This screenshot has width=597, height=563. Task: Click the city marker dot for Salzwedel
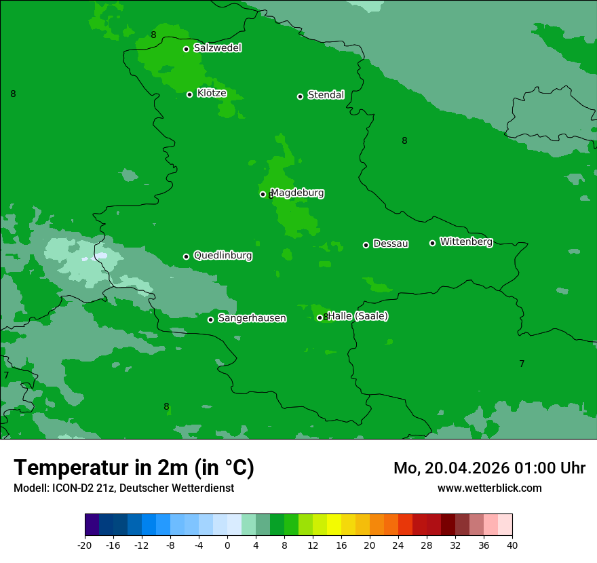pos(186,49)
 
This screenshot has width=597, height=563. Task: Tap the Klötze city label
pos(212,93)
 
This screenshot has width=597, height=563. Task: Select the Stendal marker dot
pos(300,96)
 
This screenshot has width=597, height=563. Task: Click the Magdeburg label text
pos(297,193)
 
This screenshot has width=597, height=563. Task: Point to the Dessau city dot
pos(366,245)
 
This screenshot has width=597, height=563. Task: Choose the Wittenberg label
pos(466,241)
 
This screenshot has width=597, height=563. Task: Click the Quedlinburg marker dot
pos(186,256)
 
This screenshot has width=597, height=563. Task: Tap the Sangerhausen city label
pos(252,318)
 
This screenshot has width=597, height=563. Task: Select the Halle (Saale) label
pos(358,316)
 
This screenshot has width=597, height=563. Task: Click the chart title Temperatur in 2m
pos(134,467)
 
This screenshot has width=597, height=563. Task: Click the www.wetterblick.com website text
pos(489,488)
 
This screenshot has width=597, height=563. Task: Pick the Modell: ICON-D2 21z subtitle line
pos(123,488)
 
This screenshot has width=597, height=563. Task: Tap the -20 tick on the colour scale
pos(85,545)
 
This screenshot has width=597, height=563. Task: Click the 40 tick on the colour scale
pos(512,545)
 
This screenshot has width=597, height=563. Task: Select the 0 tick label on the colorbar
pos(227,545)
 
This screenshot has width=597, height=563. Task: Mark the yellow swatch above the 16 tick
pos(334,525)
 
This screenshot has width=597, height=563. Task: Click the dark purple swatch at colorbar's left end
pos(92,525)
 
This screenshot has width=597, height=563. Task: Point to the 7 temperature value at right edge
pos(522,364)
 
